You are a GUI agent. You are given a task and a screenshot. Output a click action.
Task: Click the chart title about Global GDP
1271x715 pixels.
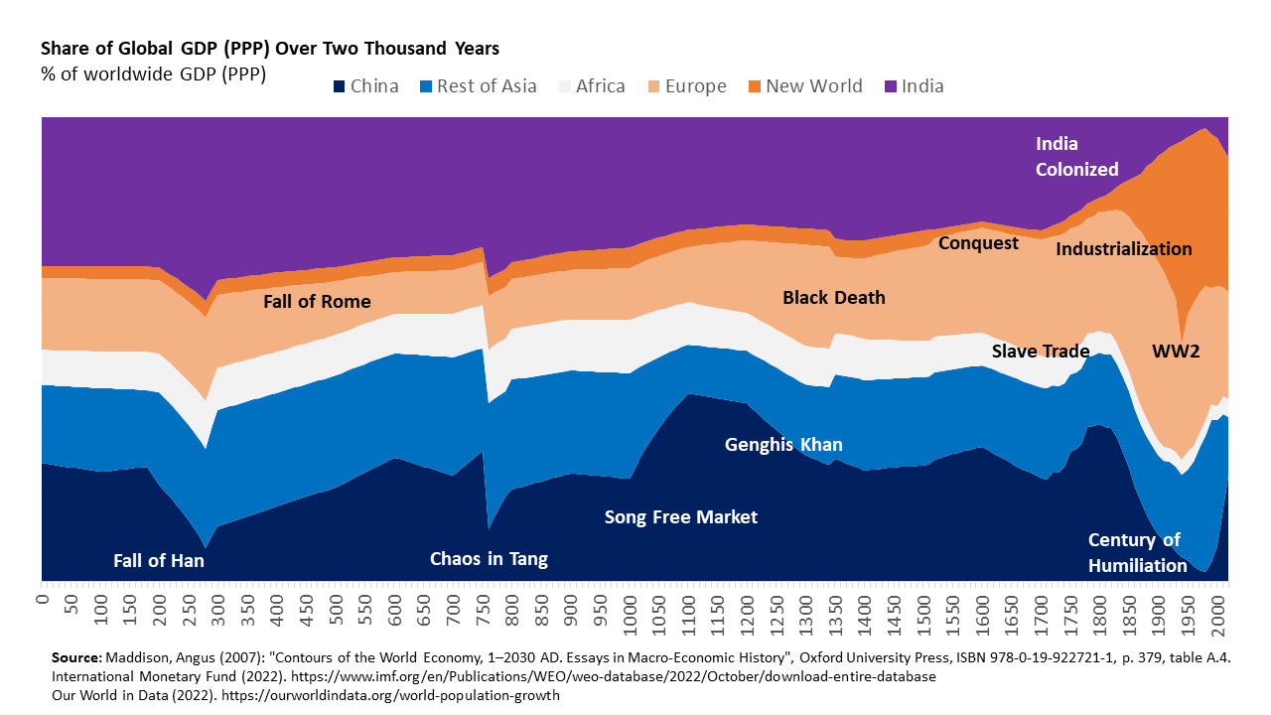tap(269, 48)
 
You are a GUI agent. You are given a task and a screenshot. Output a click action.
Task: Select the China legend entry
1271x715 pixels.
tap(366, 86)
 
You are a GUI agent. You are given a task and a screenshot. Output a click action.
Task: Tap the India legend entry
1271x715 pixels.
tap(913, 86)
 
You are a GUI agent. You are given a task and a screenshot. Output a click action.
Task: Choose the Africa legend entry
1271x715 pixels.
tap(590, 86)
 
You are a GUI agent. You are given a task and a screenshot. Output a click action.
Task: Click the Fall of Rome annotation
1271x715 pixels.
tap(317, 302)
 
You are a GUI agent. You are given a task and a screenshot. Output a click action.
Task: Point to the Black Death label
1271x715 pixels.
tap(833, 298)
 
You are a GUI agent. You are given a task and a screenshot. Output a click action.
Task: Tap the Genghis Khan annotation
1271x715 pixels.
tap(783, 445)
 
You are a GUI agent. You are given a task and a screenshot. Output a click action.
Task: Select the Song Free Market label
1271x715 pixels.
tap(681, 517)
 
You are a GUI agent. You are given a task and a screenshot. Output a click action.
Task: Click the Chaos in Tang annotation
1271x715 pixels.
tap(489, 559)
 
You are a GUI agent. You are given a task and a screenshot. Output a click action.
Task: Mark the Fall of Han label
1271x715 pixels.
tap(159, 561)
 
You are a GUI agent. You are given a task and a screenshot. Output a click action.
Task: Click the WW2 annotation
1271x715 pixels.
tap(1177, 352)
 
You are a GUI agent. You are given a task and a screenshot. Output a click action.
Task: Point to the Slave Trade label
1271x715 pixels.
tap(1041, 352)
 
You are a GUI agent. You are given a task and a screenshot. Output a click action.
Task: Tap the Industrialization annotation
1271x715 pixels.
tap(1124, 249)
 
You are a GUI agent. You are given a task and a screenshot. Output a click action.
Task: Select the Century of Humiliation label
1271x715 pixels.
tap(1137, 553)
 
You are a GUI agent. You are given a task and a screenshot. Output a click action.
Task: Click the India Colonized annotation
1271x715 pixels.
tap(1076, 157)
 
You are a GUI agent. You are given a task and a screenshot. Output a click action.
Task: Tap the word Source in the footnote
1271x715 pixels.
tap(74, 658)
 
